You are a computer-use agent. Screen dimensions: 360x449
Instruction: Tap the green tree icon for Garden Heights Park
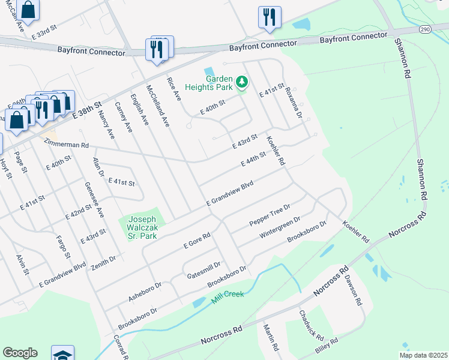pyautogui.click(x=242, y=81)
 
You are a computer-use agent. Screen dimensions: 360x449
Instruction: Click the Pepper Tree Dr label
pyautogui.click(x=270, y=215)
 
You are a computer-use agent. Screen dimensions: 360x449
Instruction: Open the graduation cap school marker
pyautogui.click(x=63, y=353)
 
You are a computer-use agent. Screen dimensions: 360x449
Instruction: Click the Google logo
pyautogui.click(x=20, y=353)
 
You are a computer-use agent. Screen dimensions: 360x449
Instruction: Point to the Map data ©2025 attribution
pyautogui.click(x=423, y=355)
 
